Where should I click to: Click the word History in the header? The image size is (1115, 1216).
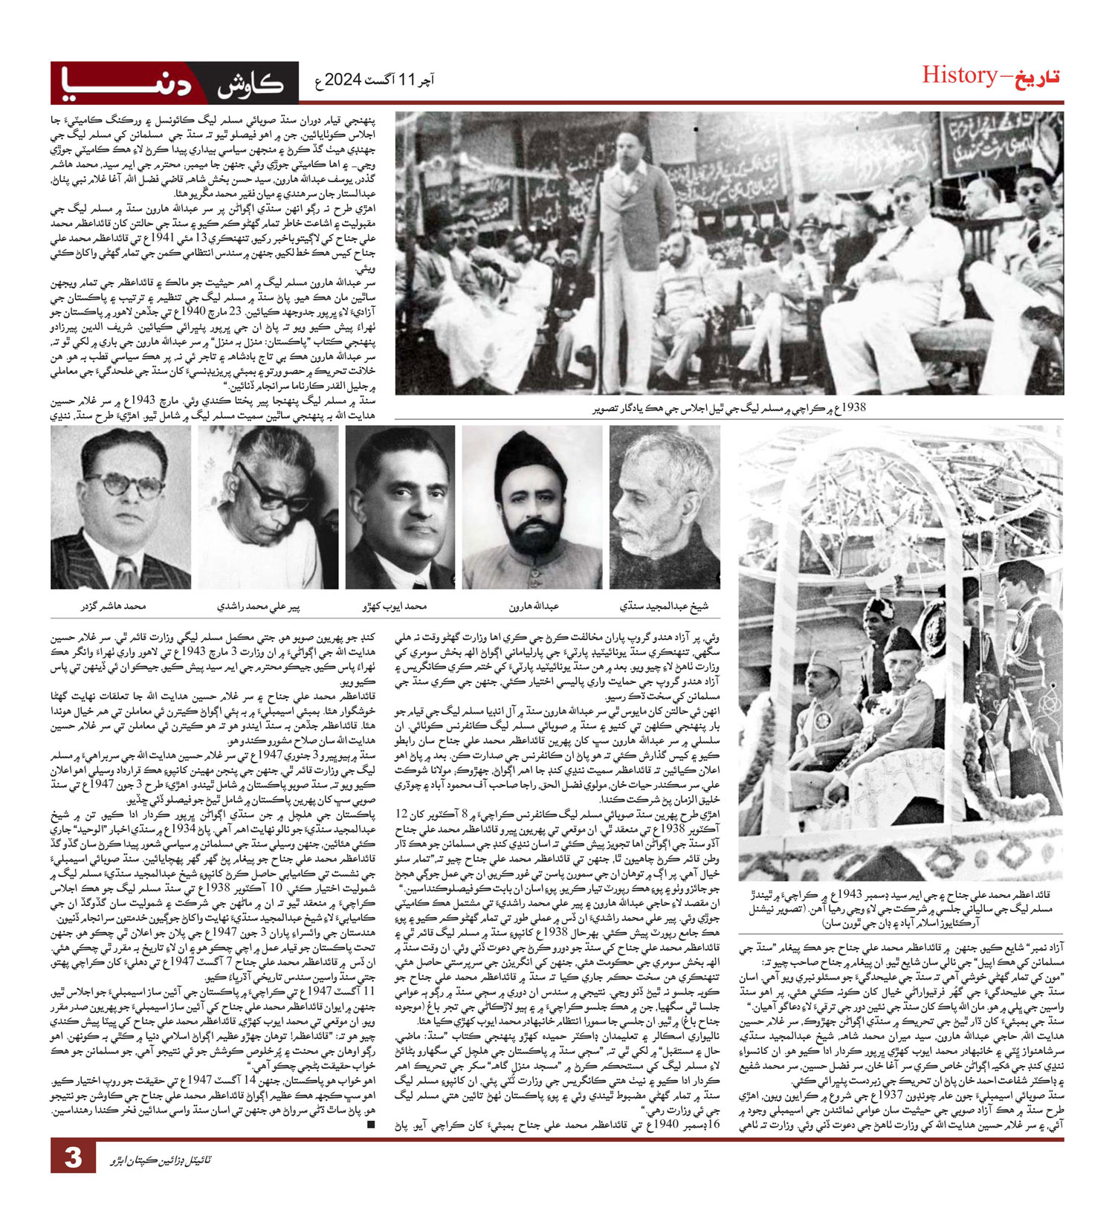(x=959, y=75)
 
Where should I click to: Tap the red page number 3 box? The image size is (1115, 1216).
(x=72, y=1158)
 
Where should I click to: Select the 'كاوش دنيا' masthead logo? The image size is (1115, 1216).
(x=175, y=83)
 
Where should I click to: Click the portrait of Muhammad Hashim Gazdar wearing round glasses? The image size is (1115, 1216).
(x=120, y=508)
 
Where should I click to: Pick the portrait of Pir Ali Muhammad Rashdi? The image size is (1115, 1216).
(x=268, y=508)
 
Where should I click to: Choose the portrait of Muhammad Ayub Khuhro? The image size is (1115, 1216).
(x=400, y=508)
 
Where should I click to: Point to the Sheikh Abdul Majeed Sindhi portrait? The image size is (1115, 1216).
(x=665, y=508)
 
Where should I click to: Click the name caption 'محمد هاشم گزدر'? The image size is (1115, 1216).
(x=114, y=607)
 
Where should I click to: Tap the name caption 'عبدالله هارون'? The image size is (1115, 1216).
(x=534, y=607)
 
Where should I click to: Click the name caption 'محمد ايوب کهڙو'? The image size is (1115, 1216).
(x=395, y=607)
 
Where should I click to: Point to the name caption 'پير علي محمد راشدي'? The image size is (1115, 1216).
(x=259, y=607)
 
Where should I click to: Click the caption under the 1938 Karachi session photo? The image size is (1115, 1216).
(x=728, y=408)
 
